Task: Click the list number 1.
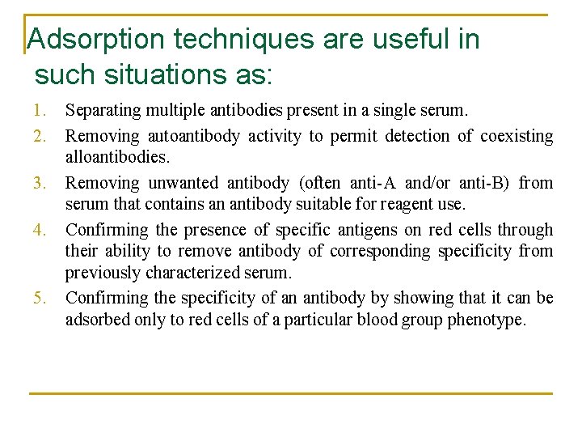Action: (x=40, y=109)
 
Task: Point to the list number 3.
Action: (x=40, y=183)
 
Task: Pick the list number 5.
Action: (x=40, y=299)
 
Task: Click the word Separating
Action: (x=102, y=109)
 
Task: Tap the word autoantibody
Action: (x=193, y=136)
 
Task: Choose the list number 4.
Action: (x=40, y=230)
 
